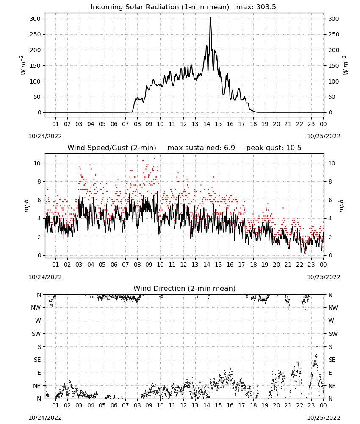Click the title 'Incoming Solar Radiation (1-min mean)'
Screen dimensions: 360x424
tap(160, 7)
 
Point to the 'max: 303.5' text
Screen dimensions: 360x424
tap(256, 7)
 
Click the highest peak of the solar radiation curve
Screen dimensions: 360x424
tap(210, 18)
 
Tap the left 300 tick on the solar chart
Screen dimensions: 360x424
tap(35, 19)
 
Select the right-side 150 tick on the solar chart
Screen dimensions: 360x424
tap(334, 66)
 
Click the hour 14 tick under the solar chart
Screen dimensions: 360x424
tap(207, 124)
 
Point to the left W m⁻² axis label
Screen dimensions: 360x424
tap(23, 65)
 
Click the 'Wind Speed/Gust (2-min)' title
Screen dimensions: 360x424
tap(111, 148)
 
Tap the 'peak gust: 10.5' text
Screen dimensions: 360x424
tap(274, 148)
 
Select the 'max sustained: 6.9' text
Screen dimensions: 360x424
tap(201, 148)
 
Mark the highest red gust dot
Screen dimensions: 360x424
tap(155, 158)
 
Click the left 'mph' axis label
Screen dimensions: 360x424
tap(26, 206)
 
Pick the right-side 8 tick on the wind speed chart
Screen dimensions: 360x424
tap(330, 182)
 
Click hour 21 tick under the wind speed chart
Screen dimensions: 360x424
tap(288, 265)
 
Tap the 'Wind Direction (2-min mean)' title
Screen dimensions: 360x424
tap(185, 288)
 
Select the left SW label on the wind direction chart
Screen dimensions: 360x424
tap(36, 334)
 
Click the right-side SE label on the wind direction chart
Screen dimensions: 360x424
tap(332, 360)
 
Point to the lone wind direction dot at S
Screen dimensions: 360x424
tap(317, 346)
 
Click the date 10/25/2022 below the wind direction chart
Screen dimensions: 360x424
tap(324, 418)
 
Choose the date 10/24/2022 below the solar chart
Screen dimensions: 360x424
tap(45, 136)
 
